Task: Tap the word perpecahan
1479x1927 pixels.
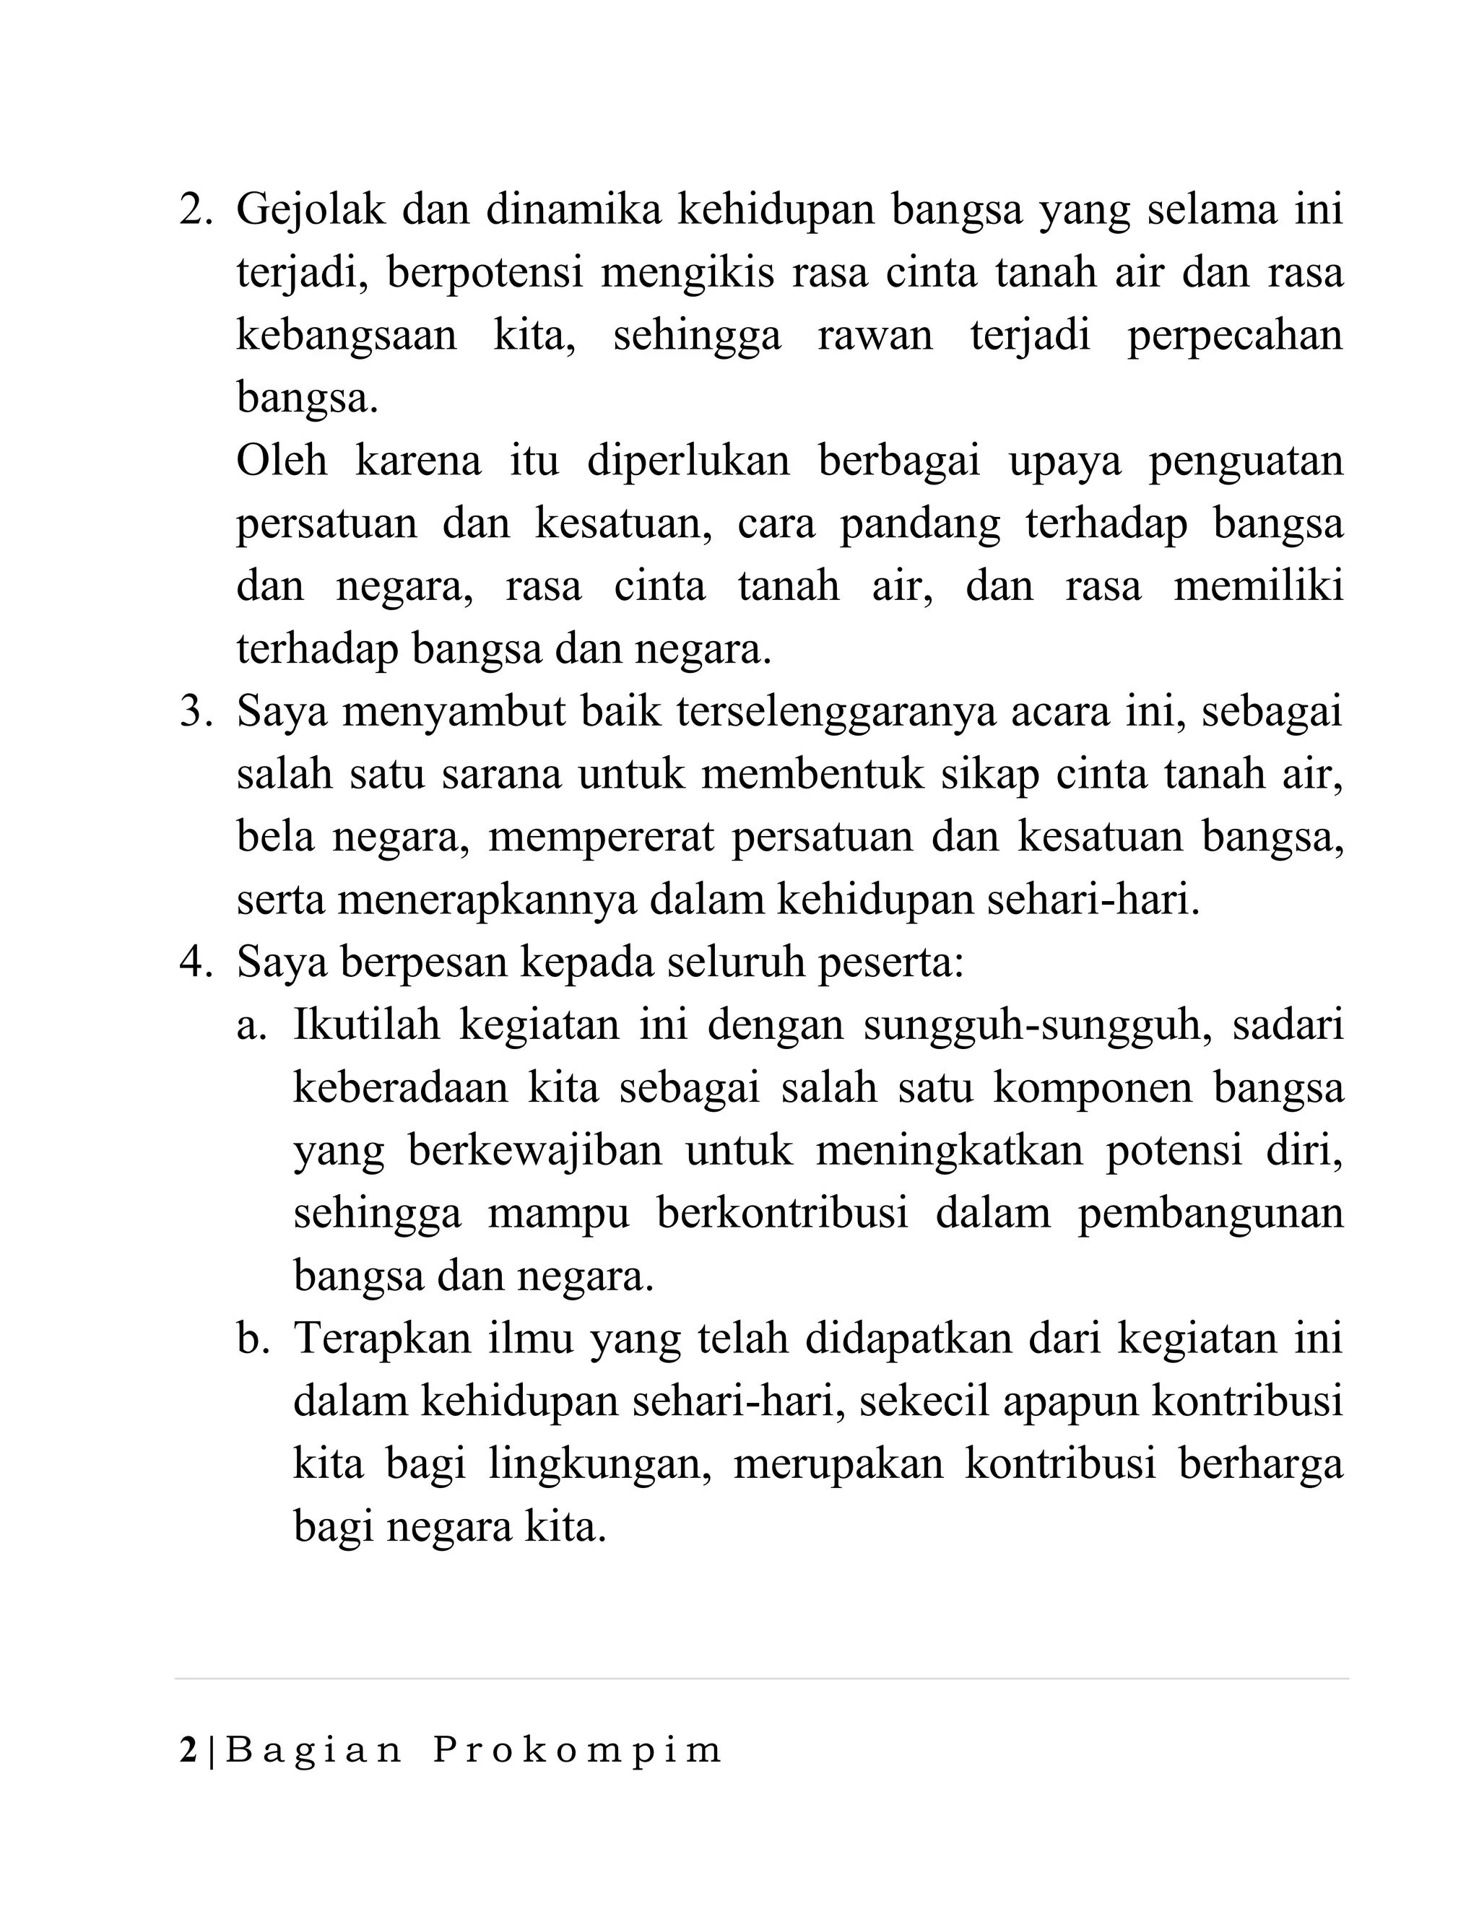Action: pos(1235,337)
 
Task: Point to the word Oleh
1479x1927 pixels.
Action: pos(282,461)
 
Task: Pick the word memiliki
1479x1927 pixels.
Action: pos(1259,586)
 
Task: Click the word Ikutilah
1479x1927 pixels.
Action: pos(365,1026)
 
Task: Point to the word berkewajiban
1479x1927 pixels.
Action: pos(535,1152)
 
